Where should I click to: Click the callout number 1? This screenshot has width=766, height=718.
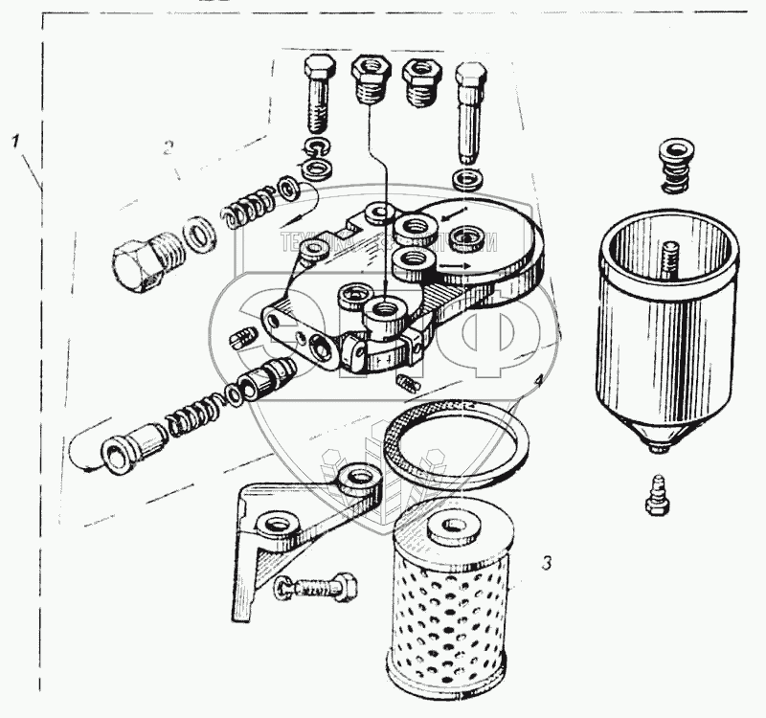click(15, 142)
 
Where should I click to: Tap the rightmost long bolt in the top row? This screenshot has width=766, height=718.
click(470, 111)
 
